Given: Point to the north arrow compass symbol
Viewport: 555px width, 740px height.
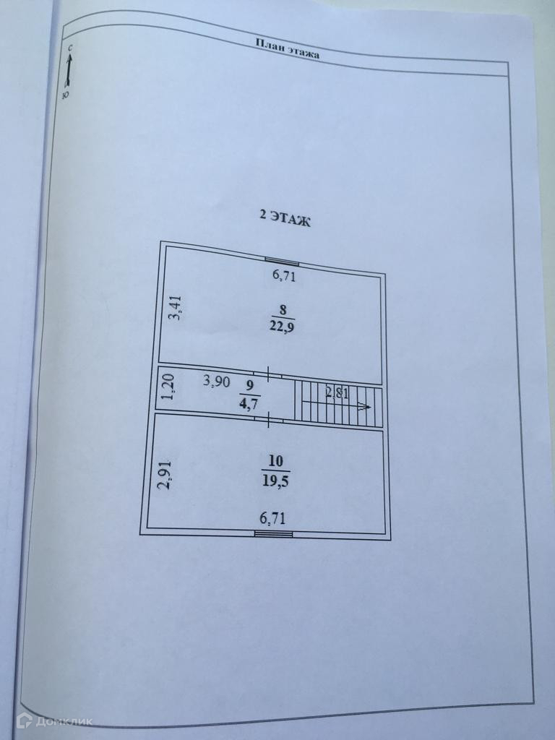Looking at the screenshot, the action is [68, 70].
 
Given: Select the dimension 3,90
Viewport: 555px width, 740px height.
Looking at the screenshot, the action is [217, 382].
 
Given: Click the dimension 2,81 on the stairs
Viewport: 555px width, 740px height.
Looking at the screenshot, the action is [338, 393].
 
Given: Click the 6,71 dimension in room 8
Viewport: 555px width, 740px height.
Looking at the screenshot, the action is [284, 275].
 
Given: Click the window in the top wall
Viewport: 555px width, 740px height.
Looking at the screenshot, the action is [282, 262].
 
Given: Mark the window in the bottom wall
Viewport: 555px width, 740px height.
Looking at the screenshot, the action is [273, 534].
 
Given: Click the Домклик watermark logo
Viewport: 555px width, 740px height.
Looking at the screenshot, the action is [45, 720].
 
